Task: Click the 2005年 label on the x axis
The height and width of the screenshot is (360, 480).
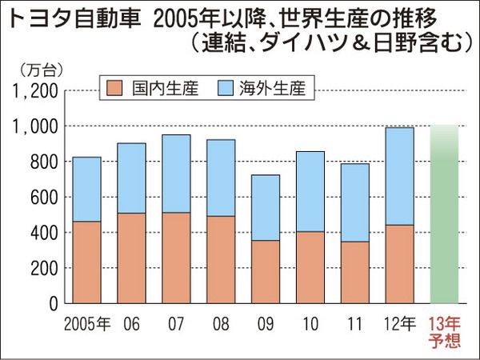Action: tap(86, 324)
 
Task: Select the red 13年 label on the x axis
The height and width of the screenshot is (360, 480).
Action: tap(444, 323)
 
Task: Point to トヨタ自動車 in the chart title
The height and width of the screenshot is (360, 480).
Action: tap(57, 18)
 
